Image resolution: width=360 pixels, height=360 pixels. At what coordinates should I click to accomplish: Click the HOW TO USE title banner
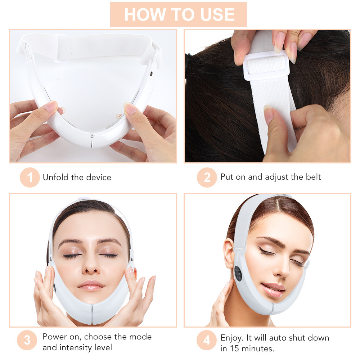179,14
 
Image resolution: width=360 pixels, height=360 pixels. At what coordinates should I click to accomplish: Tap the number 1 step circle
30,177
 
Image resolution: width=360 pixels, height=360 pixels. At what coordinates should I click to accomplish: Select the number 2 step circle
207,177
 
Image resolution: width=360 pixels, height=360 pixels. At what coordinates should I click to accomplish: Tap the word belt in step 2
312,177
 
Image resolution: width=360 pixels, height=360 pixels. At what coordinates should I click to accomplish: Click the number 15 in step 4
234,348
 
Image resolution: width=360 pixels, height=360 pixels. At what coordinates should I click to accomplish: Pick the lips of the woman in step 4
274,289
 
